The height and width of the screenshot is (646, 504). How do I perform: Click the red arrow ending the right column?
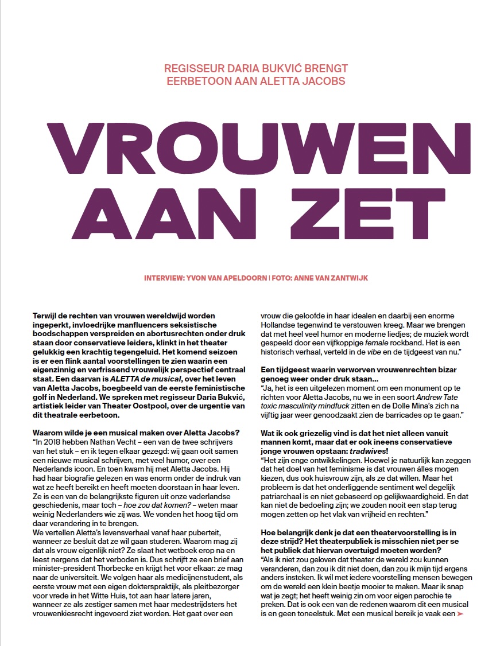459,614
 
